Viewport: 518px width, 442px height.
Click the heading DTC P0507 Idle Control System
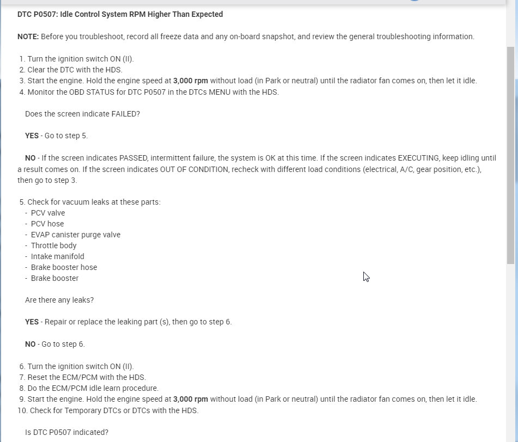(120, 15)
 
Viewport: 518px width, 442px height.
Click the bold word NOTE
(28, 37)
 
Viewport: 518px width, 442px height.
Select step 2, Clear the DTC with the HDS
(75, 70)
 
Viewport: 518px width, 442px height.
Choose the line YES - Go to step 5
(56, 136)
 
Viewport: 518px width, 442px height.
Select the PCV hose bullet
(47, 224)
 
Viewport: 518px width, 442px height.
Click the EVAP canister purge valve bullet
(75, 235)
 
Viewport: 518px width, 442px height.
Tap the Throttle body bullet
(53, 245)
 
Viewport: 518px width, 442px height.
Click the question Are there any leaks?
(59, 300)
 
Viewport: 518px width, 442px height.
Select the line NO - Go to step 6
(54, 344)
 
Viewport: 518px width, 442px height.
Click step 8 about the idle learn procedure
(93, 388)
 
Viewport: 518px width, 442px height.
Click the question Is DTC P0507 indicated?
(66, 433)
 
